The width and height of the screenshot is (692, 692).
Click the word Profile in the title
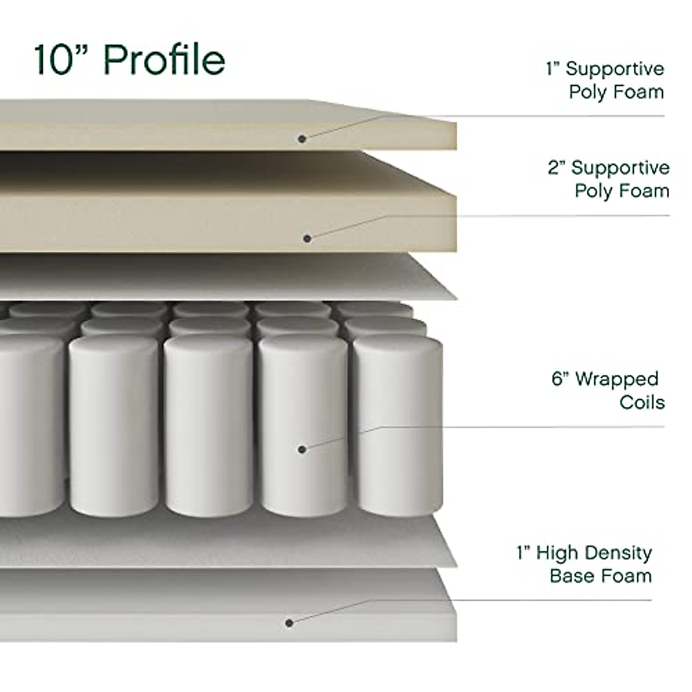165,59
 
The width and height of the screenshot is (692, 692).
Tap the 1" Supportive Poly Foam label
605,80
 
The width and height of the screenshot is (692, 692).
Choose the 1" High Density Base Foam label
585,564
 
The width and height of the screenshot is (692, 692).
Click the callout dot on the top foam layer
302,138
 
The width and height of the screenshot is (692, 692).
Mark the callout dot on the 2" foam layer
307,238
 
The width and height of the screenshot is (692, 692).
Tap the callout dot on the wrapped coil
302,449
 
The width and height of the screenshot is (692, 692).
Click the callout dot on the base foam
289,622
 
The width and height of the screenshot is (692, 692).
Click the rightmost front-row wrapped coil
398,427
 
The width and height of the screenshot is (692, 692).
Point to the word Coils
642,402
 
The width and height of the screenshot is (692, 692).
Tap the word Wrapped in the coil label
616,379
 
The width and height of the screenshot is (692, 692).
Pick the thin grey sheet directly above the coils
231,277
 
